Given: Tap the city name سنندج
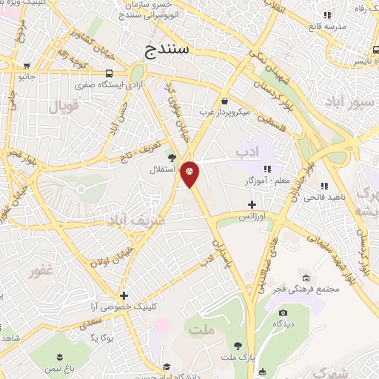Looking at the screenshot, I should click(164, 50).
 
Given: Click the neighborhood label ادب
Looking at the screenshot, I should click(249, 152).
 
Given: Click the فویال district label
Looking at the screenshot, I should click(63, 106).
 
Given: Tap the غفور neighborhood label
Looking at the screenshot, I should click(41, 271).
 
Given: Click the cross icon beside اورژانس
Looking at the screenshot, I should click(252, 204).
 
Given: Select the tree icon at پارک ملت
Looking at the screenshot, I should click(238, 346).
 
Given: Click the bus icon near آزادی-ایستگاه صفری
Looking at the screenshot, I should click(110, 73).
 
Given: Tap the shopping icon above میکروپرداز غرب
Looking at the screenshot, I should click(224, 101).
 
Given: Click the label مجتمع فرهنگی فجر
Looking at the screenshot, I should click(311, 288).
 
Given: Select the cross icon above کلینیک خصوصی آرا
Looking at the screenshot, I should click(124, 295).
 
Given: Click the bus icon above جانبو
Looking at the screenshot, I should click(27, 65).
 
